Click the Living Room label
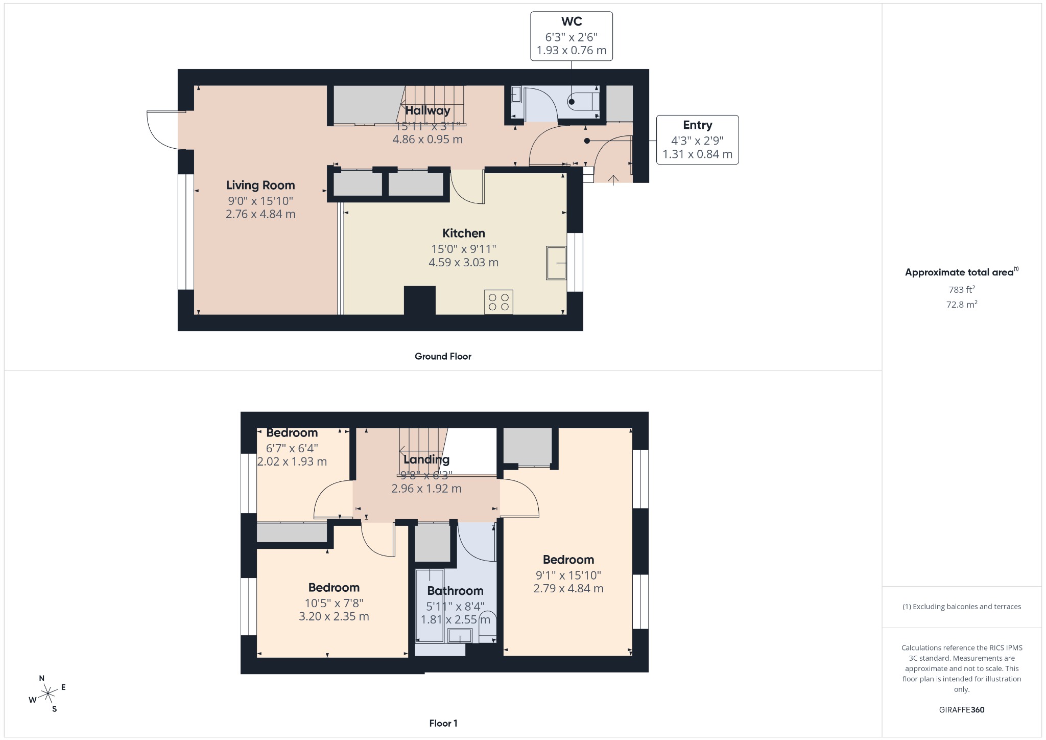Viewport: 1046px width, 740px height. pyautogui.click(x=260, y=185)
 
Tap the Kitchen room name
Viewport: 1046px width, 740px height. pyautogui.click(x=463, y=233)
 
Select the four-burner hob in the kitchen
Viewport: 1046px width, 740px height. pyautogui.click(x=498, y=302)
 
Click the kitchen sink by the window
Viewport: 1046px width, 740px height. pyautogui.click(x=556, y=263)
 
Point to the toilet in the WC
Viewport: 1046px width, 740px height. pyautogui.click(x=582, y=101)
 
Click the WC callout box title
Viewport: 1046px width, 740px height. pyautogui.click(x=572, y=21)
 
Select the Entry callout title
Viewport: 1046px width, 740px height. pyautogui.click(x=697, y=125)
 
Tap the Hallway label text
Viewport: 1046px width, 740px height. pyautogui.click(x=427, y=110)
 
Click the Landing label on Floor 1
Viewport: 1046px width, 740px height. pyautogui.click(x=426, y=459)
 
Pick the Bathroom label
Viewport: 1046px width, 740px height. pyautogui.click(x=455, y=591)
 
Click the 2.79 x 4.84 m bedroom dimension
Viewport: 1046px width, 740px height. pyautogui.click(x=568, y=588)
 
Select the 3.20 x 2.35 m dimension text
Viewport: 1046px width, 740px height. pyautogui.click(x=334, y=616)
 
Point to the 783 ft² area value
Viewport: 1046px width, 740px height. pyautogui.click(x=962, y=289)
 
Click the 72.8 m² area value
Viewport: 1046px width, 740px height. pyautogui.click(x=962, y=304)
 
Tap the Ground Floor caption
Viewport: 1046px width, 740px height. pyautogui.click(x=443, y=356)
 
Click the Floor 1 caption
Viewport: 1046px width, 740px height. pyautogui.click(x=443, y=723)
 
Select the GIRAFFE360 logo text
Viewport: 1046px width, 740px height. pyautogui.click(x=962, y=709)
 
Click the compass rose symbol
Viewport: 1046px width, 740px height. pyautogui.click(x=48, y=693)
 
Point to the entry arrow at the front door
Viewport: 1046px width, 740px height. pyautogui.click(x=613, y=179)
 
